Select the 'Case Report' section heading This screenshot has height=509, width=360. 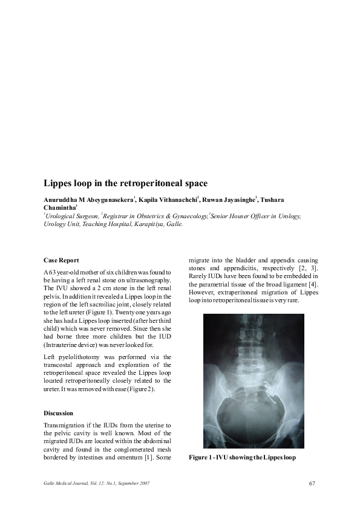pos(61,259)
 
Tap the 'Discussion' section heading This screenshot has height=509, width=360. pos(59,413)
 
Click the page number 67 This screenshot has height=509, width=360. pos(312,483)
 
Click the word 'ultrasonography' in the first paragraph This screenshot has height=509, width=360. pos(148,281)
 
